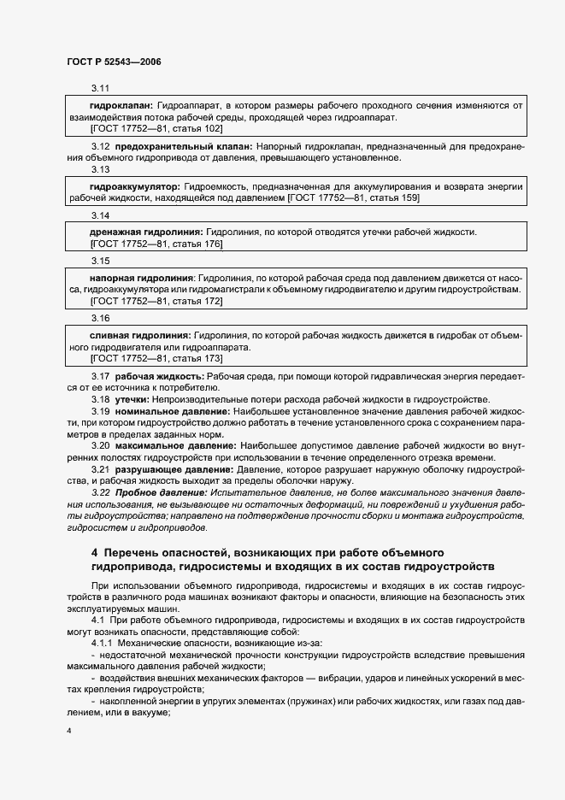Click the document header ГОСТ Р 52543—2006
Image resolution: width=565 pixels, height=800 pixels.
pyautogui.click(x=113, y=62)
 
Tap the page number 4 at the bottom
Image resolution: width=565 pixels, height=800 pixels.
pyautogui.click(x=68, y=732)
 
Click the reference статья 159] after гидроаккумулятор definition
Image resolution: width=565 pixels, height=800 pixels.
pyautogui.click(x=390, y=198)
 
